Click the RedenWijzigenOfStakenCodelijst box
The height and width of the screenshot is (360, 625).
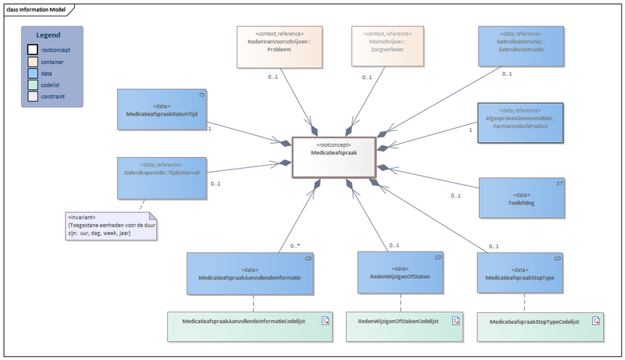pos(401,326)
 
